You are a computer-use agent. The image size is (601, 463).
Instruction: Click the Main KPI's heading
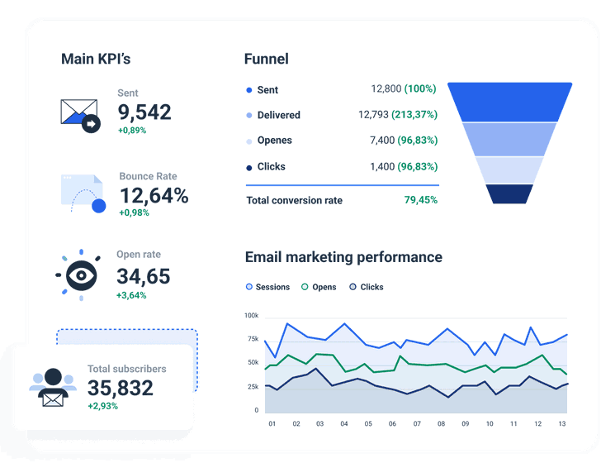click(x=96, y=60)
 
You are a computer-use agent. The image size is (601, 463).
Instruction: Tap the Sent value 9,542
click(x=144, y=112)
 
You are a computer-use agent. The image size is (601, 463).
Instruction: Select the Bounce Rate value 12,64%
click(x=154, y=196)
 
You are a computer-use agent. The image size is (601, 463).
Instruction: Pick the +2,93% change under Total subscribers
click(x=102, y=406)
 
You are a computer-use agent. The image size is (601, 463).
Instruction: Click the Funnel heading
click(x=266, y=60)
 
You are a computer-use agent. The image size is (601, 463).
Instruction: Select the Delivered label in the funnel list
click(x=278, y=115)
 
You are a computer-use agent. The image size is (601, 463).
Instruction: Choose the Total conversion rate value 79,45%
click(x=421, y=200)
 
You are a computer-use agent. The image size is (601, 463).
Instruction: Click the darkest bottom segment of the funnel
click(x=509, y=193)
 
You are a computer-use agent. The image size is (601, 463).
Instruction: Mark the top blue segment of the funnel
click(x=509, y=101)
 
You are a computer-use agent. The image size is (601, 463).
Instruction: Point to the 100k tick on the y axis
click(x=251, y=316)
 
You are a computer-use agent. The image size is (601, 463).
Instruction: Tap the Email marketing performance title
click(x=343, y=257)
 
